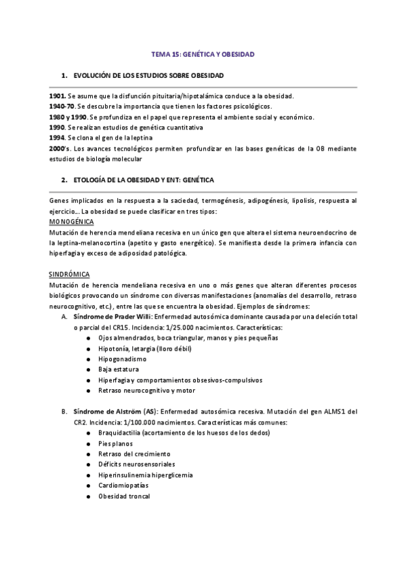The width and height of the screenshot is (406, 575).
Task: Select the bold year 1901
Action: (58, 96)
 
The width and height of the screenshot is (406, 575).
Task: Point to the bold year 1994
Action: (58, 137)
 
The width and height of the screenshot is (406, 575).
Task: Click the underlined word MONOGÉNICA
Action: (72, 222)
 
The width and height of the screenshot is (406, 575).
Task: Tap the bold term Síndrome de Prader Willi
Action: (110, 316)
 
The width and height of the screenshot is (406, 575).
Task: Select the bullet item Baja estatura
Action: (119, 369)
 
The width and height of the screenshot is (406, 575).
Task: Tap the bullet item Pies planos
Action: (116, 443)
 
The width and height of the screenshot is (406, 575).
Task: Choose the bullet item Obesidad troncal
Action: (124, 496)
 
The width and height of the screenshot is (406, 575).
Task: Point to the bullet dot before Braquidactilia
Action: (90, 432)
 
